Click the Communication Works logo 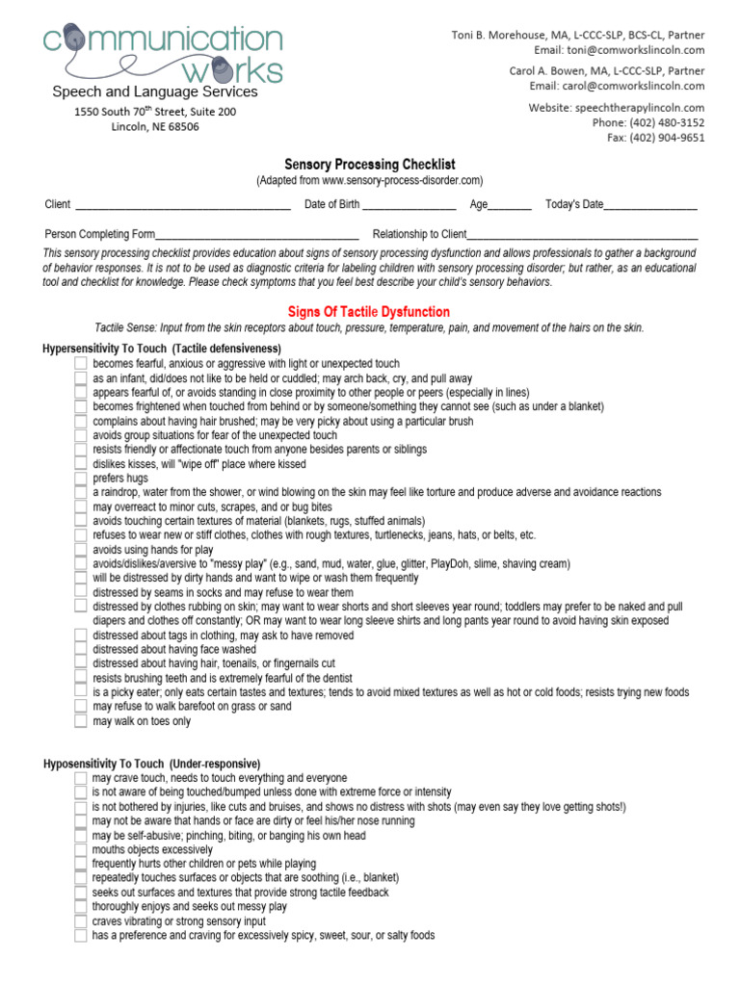tap(162, 55)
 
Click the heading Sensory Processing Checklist tap(369, 165)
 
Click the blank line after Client tap(182, 205)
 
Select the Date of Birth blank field tap(409, 205)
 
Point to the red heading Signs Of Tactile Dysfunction tap(369, 312)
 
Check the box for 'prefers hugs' tap(81, 478)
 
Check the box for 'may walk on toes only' tap(81, 721)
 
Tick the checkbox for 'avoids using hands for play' tap(81, 550)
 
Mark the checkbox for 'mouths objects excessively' tap(81, 850)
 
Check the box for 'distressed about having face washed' tap(81, 649)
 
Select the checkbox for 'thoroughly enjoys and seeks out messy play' tap(81, 907)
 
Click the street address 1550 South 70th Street tap(155, 112)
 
